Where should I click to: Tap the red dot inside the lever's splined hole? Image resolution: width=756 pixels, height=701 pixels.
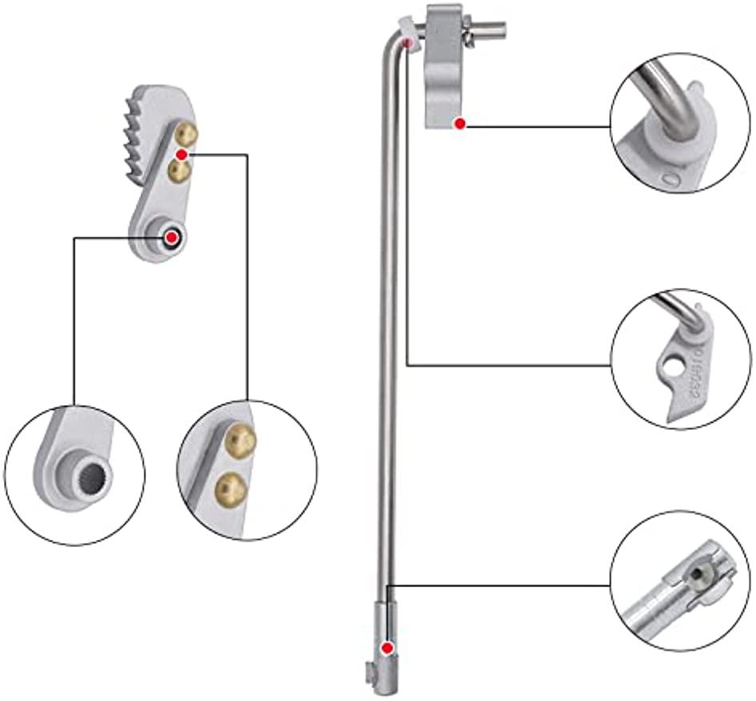coord(171,237)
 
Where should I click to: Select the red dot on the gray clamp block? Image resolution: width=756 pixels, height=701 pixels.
coord(459,123)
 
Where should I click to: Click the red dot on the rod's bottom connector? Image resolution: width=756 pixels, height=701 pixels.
coord(388,648)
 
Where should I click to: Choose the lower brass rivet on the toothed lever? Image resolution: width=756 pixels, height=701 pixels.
coord(179,169)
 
